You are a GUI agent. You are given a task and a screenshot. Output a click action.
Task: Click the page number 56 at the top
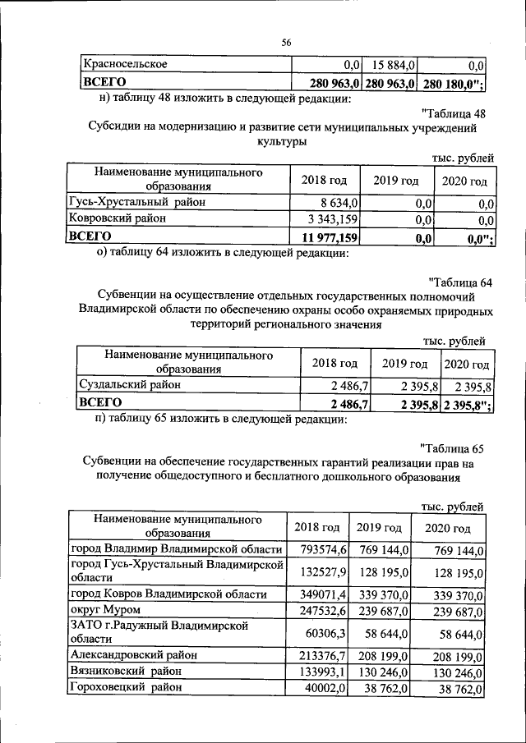click(287, 42)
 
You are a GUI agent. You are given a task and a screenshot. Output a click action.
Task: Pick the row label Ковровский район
click(118, 219)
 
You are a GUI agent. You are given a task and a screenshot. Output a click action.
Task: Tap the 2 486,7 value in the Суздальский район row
click(349, 385)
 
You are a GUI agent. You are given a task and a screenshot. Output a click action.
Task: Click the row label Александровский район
click(134, 655)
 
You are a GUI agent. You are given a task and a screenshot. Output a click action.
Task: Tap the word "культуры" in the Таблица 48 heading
click(284, 143)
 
